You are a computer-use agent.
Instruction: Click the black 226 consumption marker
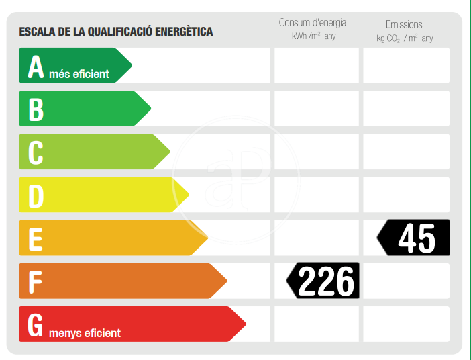pos(325,281)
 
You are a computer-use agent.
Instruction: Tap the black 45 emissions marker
pos(415,238)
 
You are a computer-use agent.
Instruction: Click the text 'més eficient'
pos(79,74)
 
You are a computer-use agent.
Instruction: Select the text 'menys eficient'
pos(85,332)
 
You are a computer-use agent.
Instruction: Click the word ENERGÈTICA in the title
pos(184,32)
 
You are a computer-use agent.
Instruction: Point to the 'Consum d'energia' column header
pos(313,23)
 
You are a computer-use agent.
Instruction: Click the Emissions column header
pos(404,24)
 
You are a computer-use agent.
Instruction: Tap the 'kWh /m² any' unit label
pos(313,36)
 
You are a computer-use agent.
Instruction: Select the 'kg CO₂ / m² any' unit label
pos(405,38)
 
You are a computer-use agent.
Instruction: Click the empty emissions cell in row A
pos(406,65)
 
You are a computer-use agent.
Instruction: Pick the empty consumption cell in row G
pos(316,324)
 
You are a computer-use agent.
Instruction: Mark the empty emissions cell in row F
pos(406,281)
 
